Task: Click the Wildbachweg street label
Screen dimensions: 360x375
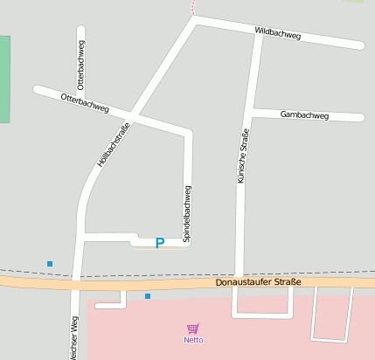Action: click(278, 33)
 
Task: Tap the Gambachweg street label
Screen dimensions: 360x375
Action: click(304, 115)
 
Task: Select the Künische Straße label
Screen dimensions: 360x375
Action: click(243, 156)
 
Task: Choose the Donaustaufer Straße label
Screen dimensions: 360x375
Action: click(258, 282)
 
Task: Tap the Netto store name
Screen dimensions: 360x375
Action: click(193, 339)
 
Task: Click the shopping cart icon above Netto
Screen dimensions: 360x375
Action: click(193, 328)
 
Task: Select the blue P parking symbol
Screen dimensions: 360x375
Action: click(159, 243)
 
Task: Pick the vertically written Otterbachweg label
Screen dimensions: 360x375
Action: click(80, 66)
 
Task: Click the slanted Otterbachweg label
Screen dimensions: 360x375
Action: click(85, 104)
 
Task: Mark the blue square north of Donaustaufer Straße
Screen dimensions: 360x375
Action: click(50, 263)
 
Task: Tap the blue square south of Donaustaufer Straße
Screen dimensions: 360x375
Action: click(148, 296)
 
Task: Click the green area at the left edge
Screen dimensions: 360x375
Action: click(4, 79)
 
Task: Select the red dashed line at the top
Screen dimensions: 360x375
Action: click(192, 7)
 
